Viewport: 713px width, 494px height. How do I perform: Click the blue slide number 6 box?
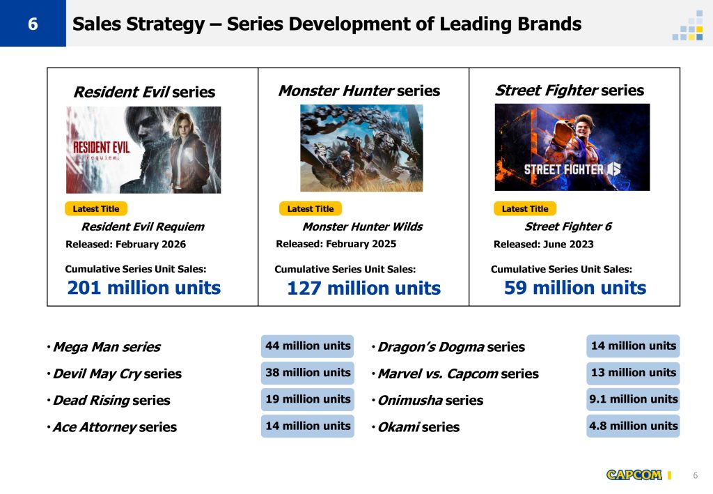click(33, 23)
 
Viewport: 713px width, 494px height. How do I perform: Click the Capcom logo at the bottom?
click(634, 475)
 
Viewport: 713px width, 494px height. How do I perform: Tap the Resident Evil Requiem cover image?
click(143, 150)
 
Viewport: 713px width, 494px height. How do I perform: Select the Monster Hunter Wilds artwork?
click(361, 148)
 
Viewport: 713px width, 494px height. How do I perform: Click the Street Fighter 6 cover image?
click(572, 147)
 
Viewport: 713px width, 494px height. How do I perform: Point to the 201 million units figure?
click(143, 288)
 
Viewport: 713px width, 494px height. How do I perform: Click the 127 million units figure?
click(363, 288)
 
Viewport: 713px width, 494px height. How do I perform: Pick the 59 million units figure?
click(574, 288)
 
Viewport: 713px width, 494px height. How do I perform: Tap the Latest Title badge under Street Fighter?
click(525, 209)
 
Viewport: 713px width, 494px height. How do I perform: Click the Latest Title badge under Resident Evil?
click(96, 209)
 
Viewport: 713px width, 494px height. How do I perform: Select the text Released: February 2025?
click(336, 244)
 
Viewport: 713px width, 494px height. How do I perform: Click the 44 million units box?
click(307, 346)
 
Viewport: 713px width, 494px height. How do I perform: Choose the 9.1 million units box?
click(633, 399)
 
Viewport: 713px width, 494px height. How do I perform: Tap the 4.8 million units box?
click(633, 426)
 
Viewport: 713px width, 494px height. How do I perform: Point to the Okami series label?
click(418, 427)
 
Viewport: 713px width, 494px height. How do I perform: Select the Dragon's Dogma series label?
click(451, 347)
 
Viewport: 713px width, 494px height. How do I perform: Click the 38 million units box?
click(307, 373)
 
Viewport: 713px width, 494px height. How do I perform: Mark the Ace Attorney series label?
click(115, 427)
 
